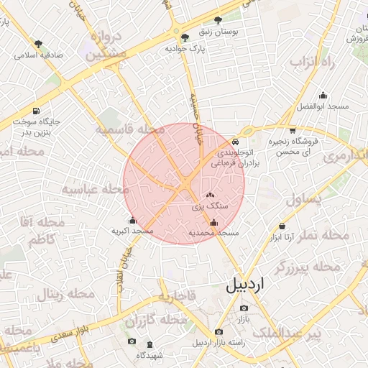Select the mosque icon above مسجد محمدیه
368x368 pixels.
[x=213, y=223]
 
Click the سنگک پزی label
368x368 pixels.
[x=210, y=206]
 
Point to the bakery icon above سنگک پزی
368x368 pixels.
[x=210, y=195]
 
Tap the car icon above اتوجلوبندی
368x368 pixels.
[x=236, y=142]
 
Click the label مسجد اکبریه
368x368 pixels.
[x=132, y=231]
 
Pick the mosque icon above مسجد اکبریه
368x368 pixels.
[x=132, y=221]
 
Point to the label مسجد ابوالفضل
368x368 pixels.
[x=323, y=106]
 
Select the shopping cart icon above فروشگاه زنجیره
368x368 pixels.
[x=293, y=130]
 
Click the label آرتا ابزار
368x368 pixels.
[x=280, y=236]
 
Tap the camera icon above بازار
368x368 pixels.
[x=244, y=308]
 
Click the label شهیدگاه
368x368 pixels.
[x=152, y=354]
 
